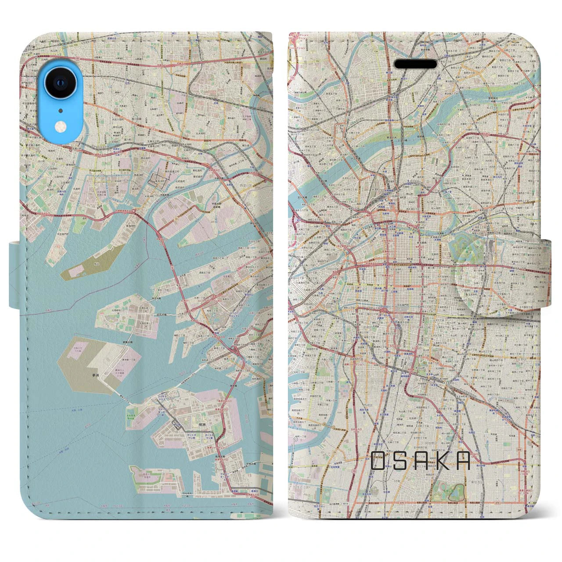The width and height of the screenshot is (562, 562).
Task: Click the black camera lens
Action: pyautogui.click(x=58, y=82)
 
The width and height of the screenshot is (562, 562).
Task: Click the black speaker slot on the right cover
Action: pyautogui.click(x=415, y=64)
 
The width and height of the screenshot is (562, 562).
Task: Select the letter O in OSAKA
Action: pyautogui.click(x=378, y=461)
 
